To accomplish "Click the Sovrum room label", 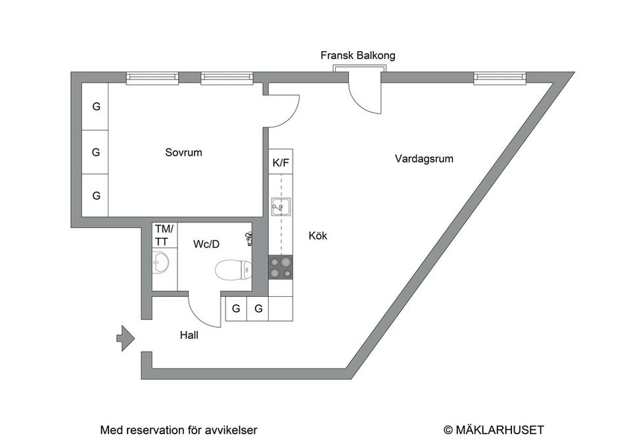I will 183,152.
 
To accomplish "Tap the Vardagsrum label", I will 424,159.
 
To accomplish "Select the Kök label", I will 317,236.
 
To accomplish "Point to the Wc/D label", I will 206,244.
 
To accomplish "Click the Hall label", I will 189,335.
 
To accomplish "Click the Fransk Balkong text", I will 358,56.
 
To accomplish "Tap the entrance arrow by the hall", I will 125,339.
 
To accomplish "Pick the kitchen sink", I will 281,208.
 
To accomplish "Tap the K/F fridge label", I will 280,164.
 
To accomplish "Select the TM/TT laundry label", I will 164,235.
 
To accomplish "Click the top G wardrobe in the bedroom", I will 96,106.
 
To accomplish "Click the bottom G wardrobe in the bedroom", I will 96,196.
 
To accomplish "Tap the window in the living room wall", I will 500,78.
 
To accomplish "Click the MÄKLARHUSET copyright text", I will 494,430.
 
